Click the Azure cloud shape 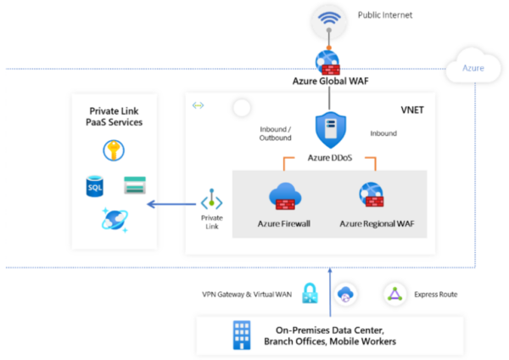click(x=473, y=67)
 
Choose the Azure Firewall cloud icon click(x=283, y=197)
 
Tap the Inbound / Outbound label click(x=275, y=133)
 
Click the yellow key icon click(x=115, y=150)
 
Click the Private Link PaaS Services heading click(x=115, y=116)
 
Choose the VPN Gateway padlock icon click(x=310, y=293)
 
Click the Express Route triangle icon click(x=394, y=294)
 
